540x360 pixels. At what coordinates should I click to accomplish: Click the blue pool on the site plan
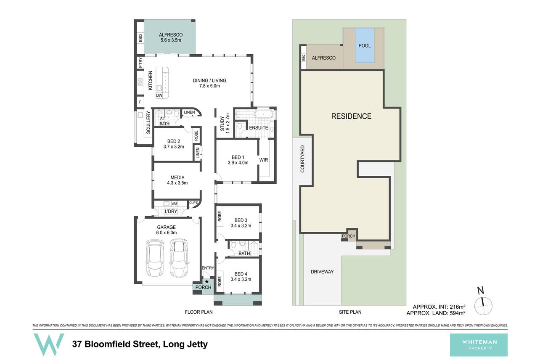[364, 45]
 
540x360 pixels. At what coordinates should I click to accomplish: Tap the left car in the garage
[155, 258]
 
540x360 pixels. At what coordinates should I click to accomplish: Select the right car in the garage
[179, 258]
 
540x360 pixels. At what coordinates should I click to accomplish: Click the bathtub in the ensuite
[264, 114]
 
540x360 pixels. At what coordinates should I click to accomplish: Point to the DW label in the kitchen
[159, 95]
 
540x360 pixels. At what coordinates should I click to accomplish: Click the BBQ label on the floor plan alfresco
[140, 38]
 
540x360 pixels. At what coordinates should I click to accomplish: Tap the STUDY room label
[222, 124]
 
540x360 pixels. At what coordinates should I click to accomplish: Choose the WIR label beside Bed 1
[264, 160]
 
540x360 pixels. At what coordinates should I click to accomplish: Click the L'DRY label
[171, 212]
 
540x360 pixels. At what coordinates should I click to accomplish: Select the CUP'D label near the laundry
[193, 203]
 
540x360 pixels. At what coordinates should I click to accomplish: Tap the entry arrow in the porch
[206, 281]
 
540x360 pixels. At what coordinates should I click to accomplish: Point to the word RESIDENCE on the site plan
[351, 116]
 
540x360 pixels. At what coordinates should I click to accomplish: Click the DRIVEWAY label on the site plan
[322, 272]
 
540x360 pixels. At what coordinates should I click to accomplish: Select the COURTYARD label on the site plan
[302, 159]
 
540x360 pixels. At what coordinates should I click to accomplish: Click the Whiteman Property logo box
[479, 345]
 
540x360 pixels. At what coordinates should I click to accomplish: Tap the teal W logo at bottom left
[49, 344]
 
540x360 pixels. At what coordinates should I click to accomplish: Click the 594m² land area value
[457, 313]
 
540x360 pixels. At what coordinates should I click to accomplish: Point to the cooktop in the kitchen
[140, 82]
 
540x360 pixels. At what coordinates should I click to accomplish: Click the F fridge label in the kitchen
[140, 102]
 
